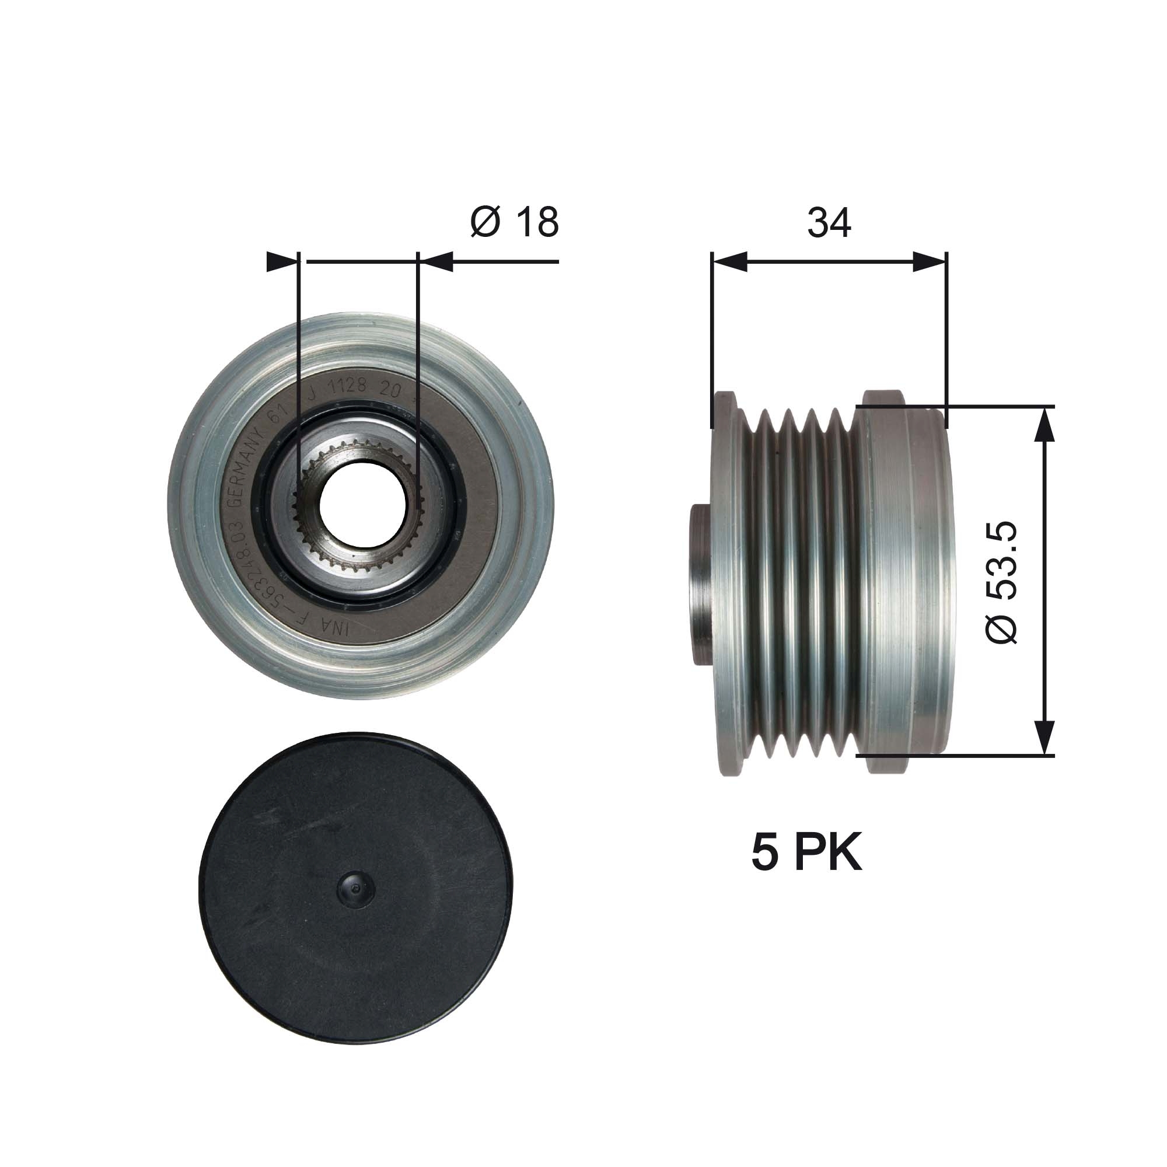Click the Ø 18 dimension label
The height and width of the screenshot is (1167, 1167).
(x=514, y=222)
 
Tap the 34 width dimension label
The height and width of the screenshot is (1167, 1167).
(x=829, y=222)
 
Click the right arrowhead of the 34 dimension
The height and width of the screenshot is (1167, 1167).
(x=929, y=261)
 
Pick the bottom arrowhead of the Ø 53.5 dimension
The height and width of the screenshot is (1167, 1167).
(x=1045, y=738)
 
